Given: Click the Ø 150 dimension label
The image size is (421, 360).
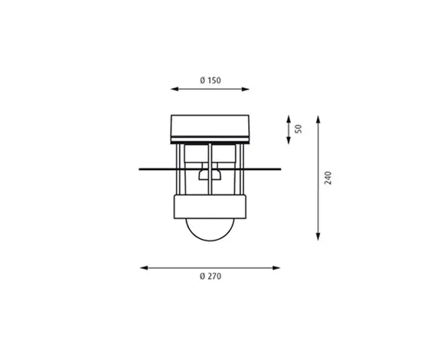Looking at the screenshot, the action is [210, 80].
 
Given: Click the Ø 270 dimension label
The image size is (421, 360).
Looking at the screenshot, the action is [210, 277].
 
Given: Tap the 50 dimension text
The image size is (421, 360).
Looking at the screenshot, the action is [299, 129].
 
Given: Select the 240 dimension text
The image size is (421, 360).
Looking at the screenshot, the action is [328, 178].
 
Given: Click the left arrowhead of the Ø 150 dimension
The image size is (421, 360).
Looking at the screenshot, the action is [175, 89].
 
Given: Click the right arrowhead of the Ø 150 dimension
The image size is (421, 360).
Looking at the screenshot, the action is [246, 89].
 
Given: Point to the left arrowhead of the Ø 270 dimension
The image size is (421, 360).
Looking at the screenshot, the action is [144, 267].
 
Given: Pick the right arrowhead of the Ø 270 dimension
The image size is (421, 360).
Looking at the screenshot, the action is [276, 267].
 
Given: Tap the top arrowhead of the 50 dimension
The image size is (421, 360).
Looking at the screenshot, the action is [289, 119].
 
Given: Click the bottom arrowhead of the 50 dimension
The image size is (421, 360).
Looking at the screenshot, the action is [289, 140].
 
